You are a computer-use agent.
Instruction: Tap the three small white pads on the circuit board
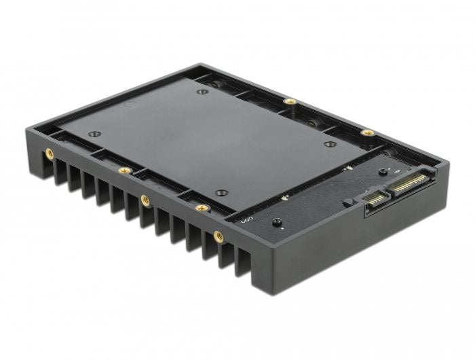point(244,220)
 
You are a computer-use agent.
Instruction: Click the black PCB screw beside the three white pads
point(276,222)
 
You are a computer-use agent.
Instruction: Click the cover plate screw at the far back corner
point(202,92)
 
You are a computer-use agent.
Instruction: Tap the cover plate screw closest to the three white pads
point(219,193)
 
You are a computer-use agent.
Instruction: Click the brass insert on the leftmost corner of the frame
point(50,154)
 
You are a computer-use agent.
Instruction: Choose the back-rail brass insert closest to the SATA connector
point(367,132)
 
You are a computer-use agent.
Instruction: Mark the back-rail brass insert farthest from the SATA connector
point(290,102)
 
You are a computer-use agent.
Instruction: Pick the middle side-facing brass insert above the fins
point(145,200)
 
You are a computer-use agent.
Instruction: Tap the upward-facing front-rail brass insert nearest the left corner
point(123,170)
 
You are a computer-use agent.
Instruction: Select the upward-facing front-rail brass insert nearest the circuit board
point(201,208)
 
